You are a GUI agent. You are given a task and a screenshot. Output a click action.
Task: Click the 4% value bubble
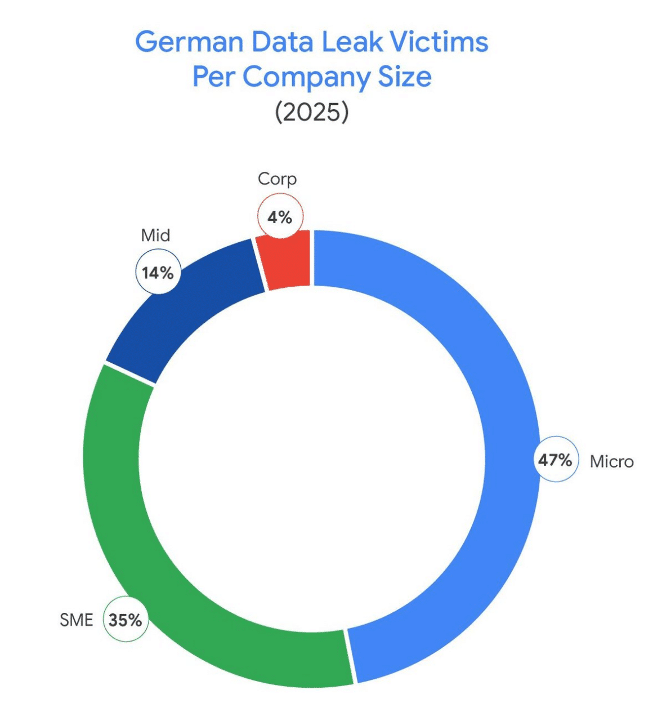tap(280, 217)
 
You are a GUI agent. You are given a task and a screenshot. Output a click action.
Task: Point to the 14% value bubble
tap(158, 273)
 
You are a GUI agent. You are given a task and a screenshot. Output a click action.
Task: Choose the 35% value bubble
tap(126, 620)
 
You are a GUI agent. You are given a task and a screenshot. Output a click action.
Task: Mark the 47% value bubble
tap(555, 460)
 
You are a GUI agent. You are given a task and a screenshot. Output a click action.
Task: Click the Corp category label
tap(277, 179)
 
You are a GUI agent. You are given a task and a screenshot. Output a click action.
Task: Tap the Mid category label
tap(155, 235)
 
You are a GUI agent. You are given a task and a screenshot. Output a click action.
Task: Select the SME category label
tap(76, 620)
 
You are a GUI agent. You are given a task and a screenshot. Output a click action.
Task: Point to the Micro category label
tap(611, 462)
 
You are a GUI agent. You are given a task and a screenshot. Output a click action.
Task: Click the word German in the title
tap(189, 42)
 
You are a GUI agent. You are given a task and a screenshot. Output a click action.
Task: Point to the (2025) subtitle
tap(312, 112)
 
